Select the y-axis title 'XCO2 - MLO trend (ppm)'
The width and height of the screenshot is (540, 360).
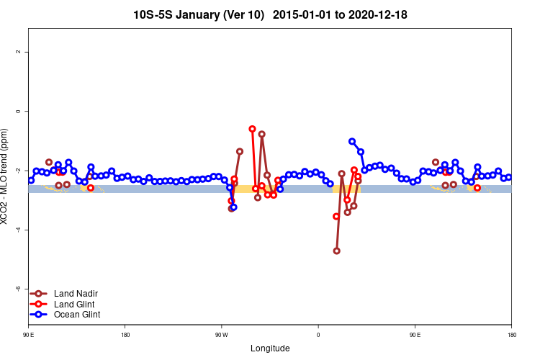pos(6,176)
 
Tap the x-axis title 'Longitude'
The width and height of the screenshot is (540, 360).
pos(270,348)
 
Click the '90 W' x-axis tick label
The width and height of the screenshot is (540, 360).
pos(221,334)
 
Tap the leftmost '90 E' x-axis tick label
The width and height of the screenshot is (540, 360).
pos(28,334)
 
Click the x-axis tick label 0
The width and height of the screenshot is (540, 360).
pos(318,334)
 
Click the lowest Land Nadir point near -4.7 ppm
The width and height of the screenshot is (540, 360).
pos(336,251)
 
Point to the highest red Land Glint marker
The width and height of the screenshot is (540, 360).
pos(252,129)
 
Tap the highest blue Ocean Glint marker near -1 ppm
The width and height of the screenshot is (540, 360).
pos(352,141)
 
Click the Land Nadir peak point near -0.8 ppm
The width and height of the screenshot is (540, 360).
pos(262,134)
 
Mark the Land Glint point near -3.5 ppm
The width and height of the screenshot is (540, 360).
pos(336,216)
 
